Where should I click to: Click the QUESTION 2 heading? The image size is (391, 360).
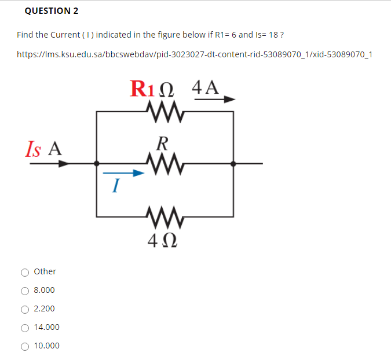[x=52, y=11]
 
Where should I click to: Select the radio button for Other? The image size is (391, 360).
[x=25, y=272]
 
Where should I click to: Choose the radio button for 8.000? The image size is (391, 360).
[x=25, y=291]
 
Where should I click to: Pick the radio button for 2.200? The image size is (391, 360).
[x=25, y=309]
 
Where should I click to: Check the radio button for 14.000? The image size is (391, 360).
[x=25, y=328]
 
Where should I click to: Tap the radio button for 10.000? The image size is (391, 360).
[x=25, y=346]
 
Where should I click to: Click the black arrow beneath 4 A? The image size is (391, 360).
[x=214, y=100]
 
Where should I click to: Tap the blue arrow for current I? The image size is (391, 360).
[x=123, y=172]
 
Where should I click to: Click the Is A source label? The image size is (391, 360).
[x=43, y=149]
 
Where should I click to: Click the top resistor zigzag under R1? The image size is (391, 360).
[x=165, y=110]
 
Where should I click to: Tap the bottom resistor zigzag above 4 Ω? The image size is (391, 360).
[x=165, y=218]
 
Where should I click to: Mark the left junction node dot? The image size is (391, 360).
[x=97, y=164]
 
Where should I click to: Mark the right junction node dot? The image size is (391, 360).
[x=233, y=164]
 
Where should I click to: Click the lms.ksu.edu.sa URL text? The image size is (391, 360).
[x=194, y=55]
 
